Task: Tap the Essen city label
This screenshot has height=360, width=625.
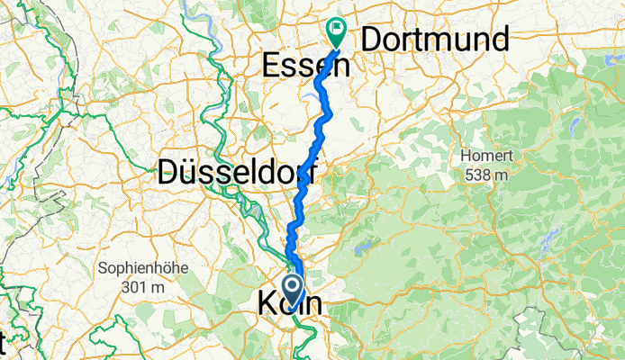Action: [297, 65]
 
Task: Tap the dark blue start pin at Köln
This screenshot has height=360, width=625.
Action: [294, 290]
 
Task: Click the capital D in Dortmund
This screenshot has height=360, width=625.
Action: [372, 40]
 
